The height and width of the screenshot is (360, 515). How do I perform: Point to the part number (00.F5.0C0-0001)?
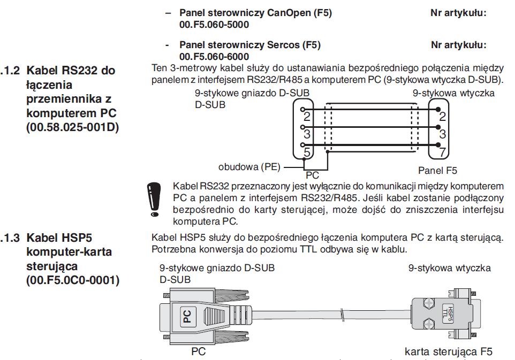[x=73, y=280]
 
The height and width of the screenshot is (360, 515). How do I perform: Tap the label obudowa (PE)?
[x=249, y=167]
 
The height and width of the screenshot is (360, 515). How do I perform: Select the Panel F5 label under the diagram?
[x=438, y=171]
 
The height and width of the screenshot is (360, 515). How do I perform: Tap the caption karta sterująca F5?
[x=449, y=351]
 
